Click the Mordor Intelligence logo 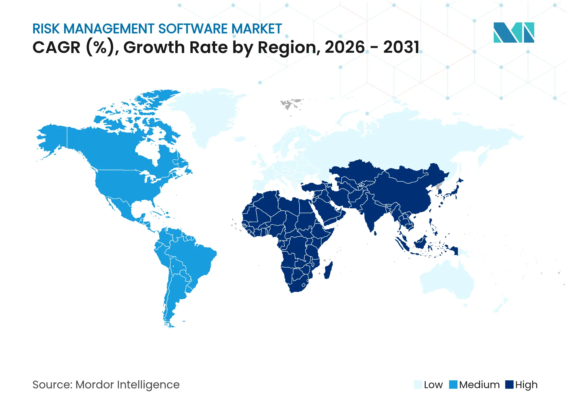coord(514,32)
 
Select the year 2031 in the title coord(401,47)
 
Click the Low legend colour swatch coord(418,385)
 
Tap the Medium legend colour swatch coord(453,385)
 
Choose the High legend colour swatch coord(509,385)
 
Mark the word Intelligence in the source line coord(148,385)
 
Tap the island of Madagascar coord(328,270)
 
